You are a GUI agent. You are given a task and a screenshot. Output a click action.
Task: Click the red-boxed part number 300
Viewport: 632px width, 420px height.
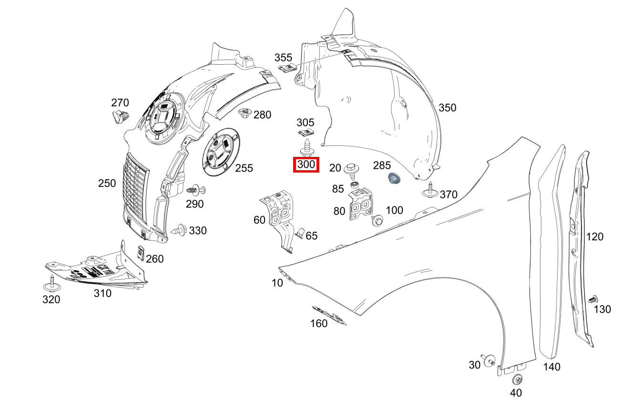[x=306, y=165]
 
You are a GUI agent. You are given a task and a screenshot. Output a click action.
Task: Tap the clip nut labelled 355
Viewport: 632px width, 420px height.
[x=286, y=69]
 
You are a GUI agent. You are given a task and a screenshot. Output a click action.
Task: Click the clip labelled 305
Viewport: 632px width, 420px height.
[x=305, y=135]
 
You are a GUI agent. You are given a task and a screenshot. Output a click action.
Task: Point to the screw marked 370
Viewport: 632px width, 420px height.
[x=431, y=190]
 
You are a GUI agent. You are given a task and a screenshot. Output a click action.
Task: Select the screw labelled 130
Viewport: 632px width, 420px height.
[x=593, y=300]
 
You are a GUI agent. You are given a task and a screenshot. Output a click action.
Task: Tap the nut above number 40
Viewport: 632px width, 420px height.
[x=517, y=380]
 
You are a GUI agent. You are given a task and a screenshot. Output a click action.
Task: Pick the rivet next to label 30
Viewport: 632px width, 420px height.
[x=488, y=360]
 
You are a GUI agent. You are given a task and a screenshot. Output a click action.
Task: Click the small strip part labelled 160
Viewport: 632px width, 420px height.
[x=329, y=316]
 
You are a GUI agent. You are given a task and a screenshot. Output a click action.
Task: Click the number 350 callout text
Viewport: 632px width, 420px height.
[x=447, y=108]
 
